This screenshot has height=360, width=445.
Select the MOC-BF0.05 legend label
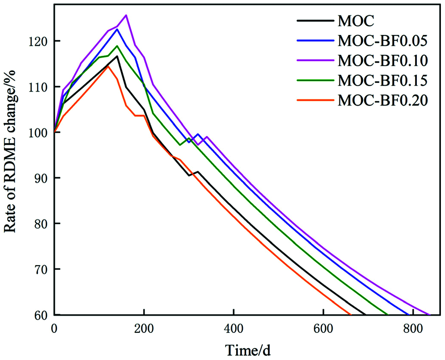coord(382,41)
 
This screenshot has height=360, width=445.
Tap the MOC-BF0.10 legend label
coord(382,61)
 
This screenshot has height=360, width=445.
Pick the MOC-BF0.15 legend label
coord(382,81)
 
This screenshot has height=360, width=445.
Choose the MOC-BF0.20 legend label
coord(382,101)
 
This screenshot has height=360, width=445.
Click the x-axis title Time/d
coord(249,350)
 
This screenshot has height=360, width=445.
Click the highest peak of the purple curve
coord(126,15)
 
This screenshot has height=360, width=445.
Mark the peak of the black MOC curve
coord(117,56)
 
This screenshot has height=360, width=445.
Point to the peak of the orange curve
coord(108,66)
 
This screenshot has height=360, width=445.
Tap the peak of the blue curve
coord(117,29)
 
